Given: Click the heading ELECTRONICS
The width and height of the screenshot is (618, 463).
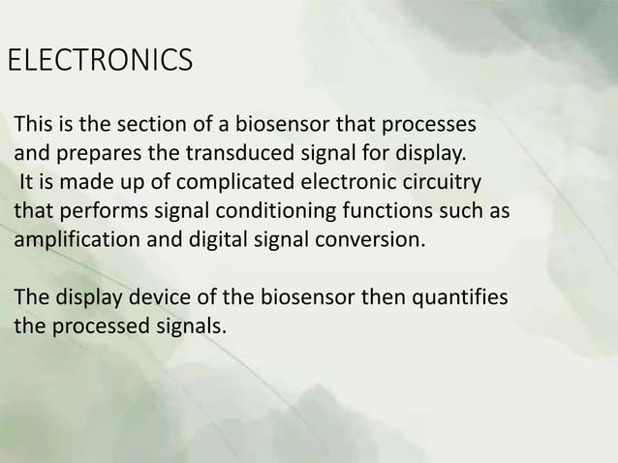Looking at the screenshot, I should [x=100, y=60].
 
